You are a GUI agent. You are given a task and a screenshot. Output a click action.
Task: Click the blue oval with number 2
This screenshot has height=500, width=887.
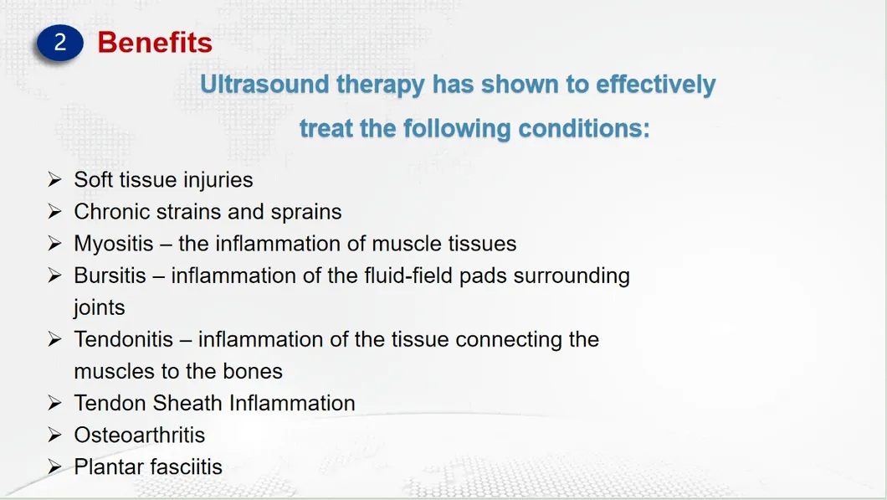point(60,43)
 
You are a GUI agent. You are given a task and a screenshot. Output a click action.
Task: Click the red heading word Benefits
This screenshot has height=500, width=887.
point(155,42)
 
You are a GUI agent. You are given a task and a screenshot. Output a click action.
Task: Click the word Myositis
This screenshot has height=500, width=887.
point(114,244)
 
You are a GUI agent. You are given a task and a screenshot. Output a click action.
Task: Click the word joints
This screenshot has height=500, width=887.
point(99,308)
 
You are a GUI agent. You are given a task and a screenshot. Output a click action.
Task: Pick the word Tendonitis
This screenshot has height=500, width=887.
point(123,339)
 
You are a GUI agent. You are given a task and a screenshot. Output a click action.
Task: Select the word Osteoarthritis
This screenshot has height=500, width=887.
point(139,435)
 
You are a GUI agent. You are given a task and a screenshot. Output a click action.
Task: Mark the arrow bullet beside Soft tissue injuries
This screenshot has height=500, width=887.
point(55,180)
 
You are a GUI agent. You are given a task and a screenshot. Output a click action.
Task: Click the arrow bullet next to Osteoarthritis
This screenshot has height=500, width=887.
point(55,435)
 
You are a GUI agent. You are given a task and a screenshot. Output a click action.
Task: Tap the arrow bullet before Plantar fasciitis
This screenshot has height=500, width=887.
point(55,466)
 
